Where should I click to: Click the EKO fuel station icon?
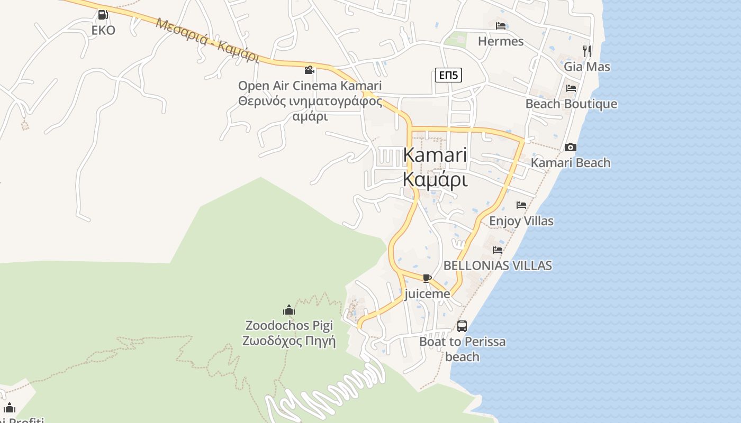coord(103,15)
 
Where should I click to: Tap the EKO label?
coord(103,30)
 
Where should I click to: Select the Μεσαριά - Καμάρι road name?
coord(207,40)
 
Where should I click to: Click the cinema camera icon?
coord(310,70)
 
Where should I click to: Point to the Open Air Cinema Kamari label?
coord(310,86)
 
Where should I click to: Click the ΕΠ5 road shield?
coord(448,75)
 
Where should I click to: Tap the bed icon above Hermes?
coord(501,26)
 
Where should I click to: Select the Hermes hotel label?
coord(501,41)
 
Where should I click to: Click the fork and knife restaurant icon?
coord(587,51)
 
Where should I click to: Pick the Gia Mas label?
coord(587,67)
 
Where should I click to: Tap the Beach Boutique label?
coord(571,104)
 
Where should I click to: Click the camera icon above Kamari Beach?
coord(571,147)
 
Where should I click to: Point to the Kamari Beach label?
coord(571,163)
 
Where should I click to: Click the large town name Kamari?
coord(435,155)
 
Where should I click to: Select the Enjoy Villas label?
coord(521,220)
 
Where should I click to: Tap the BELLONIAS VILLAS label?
coord(498,265)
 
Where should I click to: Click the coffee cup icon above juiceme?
coord(427,278)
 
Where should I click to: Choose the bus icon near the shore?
coord(462,326)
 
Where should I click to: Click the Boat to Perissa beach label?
coord(462,349)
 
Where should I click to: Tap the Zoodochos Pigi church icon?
coord(288,310)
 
